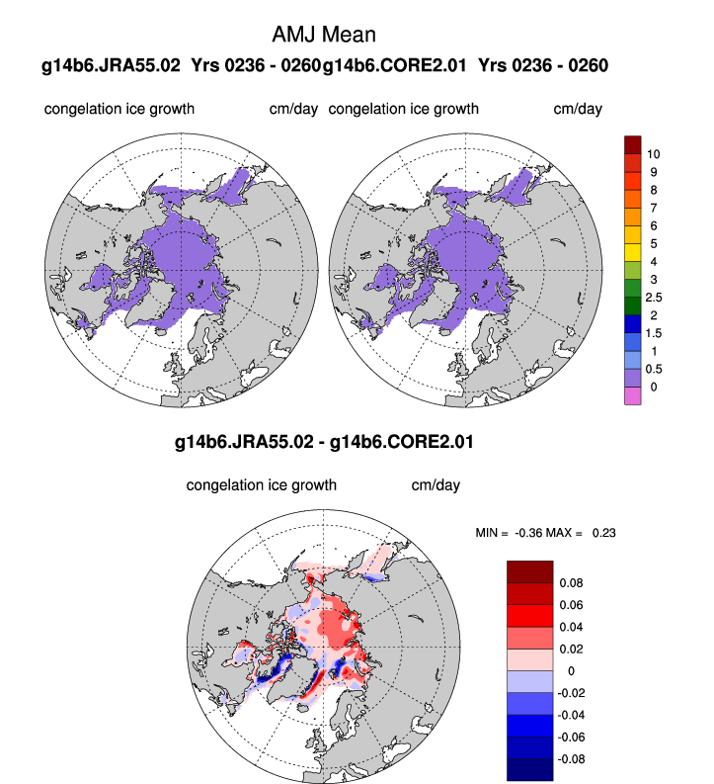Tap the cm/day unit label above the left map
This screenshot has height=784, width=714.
point(293,109)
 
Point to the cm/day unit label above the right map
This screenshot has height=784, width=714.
point(577,109)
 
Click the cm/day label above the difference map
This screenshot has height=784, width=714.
point(436,485)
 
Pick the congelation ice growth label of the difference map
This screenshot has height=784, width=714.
point(262,485)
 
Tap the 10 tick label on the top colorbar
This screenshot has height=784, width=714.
point(654,154)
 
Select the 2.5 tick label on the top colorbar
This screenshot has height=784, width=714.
point(654,297)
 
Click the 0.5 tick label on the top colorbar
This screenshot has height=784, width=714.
point(654,368)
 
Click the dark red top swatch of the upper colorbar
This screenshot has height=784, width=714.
point(633,145)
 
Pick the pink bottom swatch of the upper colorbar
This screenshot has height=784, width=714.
point(633,395)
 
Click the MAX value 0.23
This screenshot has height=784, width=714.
point(603,534)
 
